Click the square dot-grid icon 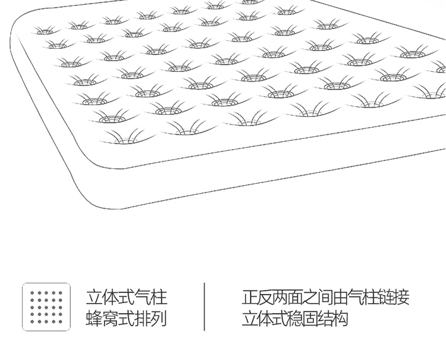(46, 307)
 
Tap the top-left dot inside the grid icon (32, 292)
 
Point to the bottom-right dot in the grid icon (60, 321)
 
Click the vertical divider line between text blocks (204, 307)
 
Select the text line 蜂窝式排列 (126, 318)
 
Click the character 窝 (110, 318)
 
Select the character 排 (143, 318)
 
